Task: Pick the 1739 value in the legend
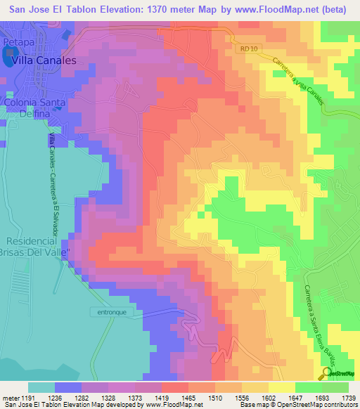pos(346,398)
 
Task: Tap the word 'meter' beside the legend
pos(9,398)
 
